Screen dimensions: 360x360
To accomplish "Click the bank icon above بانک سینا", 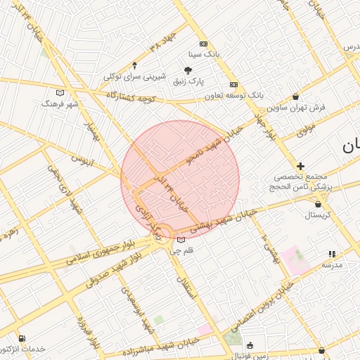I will click(203, 44).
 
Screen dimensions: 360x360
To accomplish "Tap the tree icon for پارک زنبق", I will click(188, 70).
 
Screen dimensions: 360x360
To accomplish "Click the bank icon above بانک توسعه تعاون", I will click(233, 84).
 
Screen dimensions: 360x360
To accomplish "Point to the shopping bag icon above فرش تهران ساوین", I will click(295, 96).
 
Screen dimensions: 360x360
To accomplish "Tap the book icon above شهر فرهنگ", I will click(60, 92).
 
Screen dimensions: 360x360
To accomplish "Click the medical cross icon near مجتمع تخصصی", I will click(300, 166).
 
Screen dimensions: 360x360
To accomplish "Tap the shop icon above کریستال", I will click(318, 204).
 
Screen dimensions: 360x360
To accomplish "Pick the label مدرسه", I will click(332, 264).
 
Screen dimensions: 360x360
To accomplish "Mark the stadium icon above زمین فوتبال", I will click(250, 345).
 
